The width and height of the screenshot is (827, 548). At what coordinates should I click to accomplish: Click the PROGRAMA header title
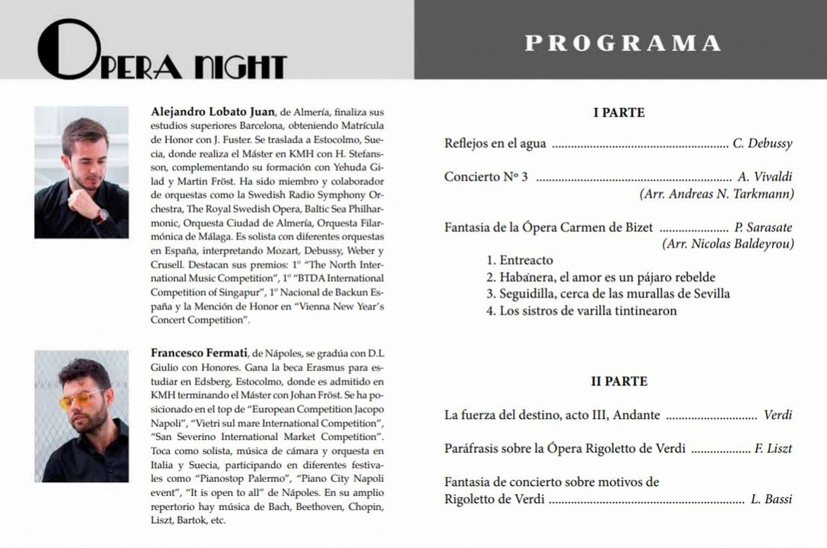pyautogui.click(x=623, y=43)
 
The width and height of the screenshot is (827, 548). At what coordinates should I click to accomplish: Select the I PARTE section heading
pyautogui.click(x=619, y=113)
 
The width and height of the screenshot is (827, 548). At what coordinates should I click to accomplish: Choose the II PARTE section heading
pyautogui.click(x=619, y=381)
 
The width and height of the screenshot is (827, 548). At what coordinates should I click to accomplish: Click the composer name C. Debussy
pyautogui.click(x=762, y=143)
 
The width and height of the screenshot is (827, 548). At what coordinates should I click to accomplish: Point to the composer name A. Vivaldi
pyautogui.click(x=764, y=177)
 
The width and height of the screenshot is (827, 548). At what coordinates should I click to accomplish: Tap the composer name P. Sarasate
pyautogui.click(x=763, y=227)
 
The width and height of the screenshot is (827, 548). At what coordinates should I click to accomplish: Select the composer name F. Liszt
pyautogui.click(x=773, y=449)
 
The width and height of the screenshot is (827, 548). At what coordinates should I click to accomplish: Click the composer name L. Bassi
pyautogui.click(x=771, y=499)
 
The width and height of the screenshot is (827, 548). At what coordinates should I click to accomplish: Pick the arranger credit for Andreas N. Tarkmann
pyautogui.click(x=716, y=194)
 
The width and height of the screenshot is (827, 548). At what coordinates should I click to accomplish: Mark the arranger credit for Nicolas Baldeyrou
pyautogui.click(x=728, y=244)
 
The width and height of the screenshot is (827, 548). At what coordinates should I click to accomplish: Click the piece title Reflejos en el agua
pyautogui.click(x=495, y=143)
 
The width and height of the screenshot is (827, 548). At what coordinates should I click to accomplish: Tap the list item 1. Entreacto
pyautogui.click(x=519, y=260)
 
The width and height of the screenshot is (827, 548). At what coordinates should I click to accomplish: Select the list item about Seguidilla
pyautogui.click(x=608, y=294)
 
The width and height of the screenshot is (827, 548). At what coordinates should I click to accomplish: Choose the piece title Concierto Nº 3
pyautogui.click(x=486, y=177)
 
